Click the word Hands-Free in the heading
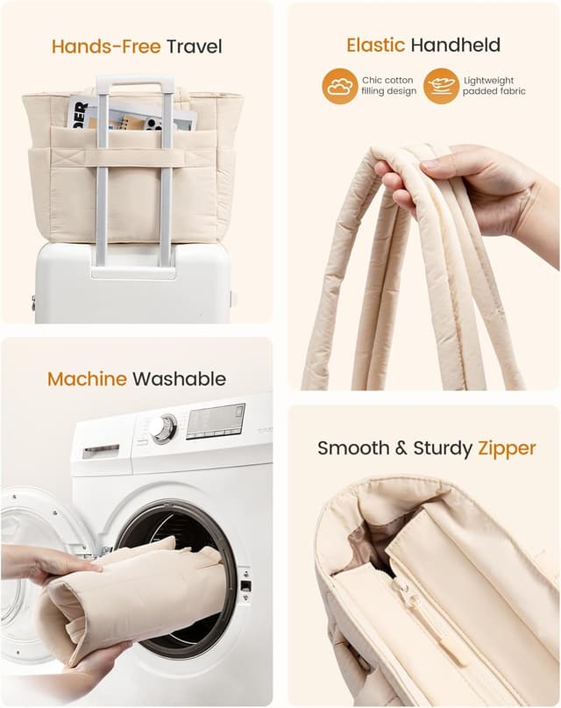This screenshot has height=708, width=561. click(x=106, y=46)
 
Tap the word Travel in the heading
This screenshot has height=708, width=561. click(x=195, y=46)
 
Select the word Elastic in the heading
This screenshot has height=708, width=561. click(x=376, y=45)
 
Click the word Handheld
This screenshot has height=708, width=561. click(x=456, y=45)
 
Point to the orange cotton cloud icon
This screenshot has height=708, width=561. click(x=340, y=86)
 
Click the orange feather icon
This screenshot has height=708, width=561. click(x=441, y=86)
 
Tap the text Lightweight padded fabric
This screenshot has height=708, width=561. click(x=494, y=86)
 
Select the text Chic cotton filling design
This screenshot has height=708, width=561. click(x=388, y=86)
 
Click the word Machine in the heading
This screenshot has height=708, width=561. click(x=87, y=379)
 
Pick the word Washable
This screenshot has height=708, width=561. click(x=179, y=379)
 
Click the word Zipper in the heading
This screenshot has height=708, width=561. click(x=507, y=449)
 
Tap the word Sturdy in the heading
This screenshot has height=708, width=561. click(x=443, y=448)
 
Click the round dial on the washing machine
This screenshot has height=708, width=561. click(x=164, y=428)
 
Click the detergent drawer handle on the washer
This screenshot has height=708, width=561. click(x=101, y=451)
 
